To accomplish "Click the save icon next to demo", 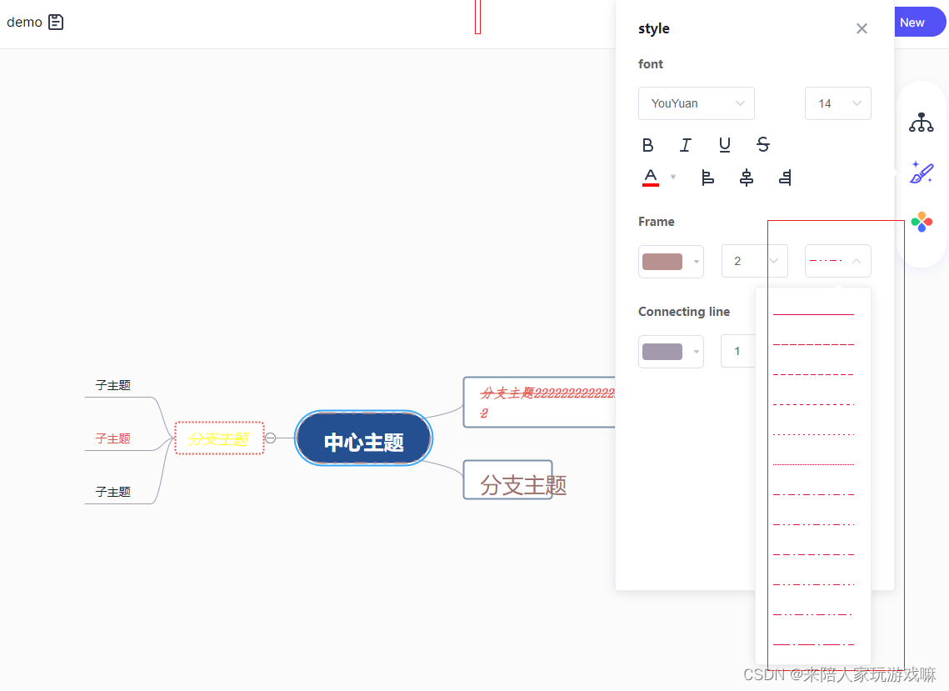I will coord(56,23).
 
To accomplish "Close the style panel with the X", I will coord(862,29).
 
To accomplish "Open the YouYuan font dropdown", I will coord(697,103).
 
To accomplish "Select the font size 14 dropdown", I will coord(837,103).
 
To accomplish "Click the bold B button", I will coord(648,145).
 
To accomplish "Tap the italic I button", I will coord(686,145).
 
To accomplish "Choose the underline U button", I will coord(725,145).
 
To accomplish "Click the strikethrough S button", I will coord(763,145).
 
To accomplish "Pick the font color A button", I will coord(651,177).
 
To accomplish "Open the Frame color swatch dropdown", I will coord(671,261).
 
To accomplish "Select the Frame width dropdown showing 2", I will coord(754,261).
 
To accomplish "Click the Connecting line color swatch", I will coord(671,351).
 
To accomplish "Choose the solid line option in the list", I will coord(813,314).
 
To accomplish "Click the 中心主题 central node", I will coord(363,439).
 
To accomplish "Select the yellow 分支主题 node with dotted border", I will coord(219,438).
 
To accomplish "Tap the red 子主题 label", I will coord(113,438).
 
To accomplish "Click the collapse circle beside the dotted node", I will coord(271,438).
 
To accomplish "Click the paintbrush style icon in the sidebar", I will coord(922,173).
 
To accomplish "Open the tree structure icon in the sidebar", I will coord(922,123).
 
